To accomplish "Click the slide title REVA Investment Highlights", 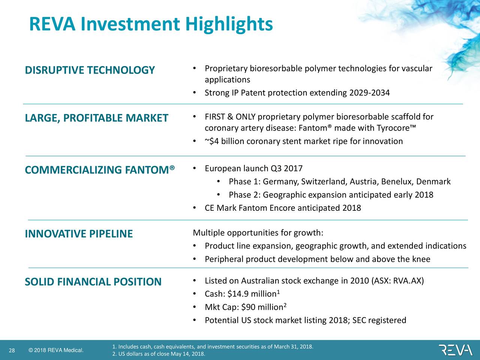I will (151, 24).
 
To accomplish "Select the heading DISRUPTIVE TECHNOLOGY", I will (90, 70).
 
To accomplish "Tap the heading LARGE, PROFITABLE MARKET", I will (96, 118).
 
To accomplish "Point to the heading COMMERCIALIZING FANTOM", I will (100, 170).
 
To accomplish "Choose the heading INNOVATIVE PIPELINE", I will (79, 234).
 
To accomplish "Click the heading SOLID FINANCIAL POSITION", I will (93, 282).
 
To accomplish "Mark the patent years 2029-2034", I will (369, 93).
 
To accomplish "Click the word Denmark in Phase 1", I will (433, 182).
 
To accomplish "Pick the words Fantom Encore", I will (267, 208).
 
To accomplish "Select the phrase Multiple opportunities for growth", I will (258, 233).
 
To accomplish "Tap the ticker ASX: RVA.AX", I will (397, 281).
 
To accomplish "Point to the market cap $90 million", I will (262, 307).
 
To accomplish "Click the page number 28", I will (12, 351).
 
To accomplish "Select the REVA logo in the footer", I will (456, 350).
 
